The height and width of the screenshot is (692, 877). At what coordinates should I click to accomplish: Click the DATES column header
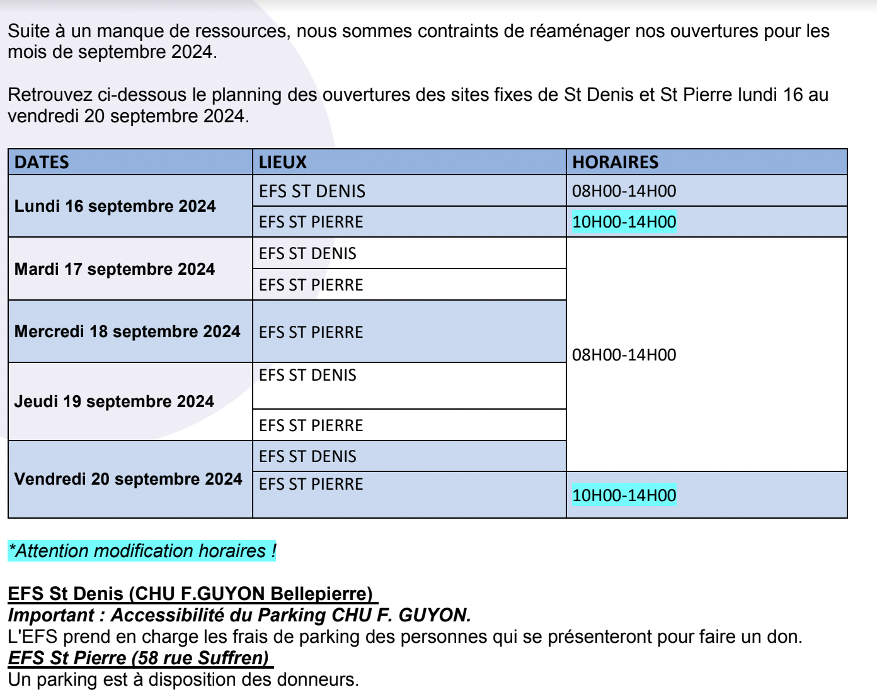click(42, 162)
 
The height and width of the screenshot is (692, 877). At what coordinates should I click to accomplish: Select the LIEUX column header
click(283, 162)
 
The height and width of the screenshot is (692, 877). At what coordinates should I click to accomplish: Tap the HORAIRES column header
click(615, 162)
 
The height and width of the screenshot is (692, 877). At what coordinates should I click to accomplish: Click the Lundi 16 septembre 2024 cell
click(115, 206)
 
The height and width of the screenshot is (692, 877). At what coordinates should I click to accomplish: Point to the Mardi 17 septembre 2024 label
click(115, 269)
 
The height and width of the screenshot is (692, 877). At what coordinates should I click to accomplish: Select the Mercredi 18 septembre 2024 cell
click(127, 332)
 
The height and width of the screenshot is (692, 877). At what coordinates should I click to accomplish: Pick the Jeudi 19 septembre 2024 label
click(114, 401)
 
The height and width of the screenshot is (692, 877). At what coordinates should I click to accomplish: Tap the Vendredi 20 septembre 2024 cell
click(128, 479)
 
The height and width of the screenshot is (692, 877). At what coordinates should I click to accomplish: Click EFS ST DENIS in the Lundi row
click(312, 191)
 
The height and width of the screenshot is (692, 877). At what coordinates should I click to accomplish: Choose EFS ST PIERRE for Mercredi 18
click(311, 332)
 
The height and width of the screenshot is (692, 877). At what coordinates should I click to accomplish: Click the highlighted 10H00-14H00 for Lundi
click(624, 222)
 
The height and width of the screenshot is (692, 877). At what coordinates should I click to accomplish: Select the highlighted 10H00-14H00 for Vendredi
click(624, 495)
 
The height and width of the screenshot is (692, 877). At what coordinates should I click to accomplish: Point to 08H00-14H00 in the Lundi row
click(624, 191)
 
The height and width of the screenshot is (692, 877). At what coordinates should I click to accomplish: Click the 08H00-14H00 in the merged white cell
click(624, 355)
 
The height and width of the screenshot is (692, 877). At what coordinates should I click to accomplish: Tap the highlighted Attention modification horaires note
click(142, 551)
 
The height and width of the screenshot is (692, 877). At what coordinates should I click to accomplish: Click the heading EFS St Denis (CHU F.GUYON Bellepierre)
click(190, 594)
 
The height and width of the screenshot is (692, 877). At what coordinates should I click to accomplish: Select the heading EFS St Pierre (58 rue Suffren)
click(139, 658)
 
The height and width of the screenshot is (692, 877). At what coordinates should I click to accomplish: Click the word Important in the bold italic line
click(52, 615)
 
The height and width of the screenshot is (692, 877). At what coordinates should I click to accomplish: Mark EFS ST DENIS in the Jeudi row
click(307, 375)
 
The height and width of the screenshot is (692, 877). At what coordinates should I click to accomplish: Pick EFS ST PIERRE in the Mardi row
click(311, 285)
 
